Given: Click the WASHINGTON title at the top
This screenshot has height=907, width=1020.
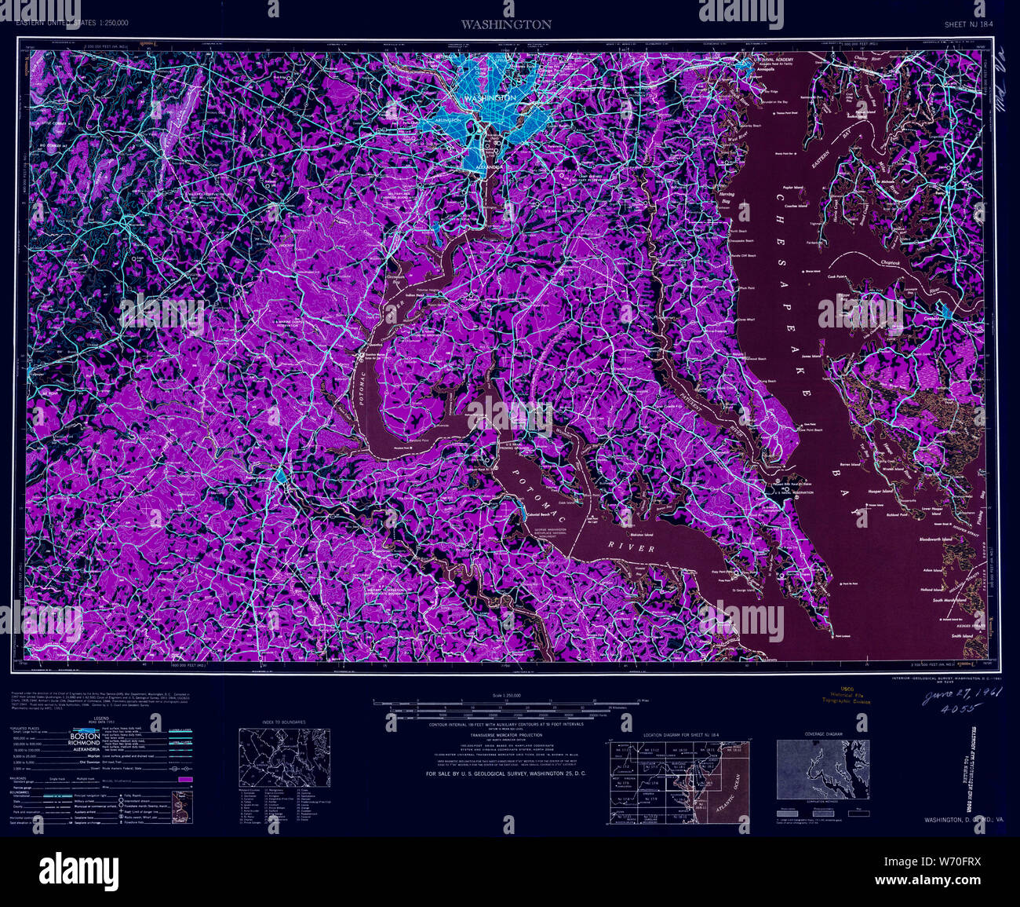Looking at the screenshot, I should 506,24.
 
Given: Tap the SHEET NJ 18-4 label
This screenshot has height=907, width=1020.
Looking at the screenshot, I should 970,25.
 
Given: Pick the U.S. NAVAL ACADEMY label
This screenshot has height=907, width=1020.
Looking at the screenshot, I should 770,59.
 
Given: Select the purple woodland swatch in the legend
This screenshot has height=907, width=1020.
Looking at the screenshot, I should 185,779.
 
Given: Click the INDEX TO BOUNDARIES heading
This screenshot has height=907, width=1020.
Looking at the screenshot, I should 283,721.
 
